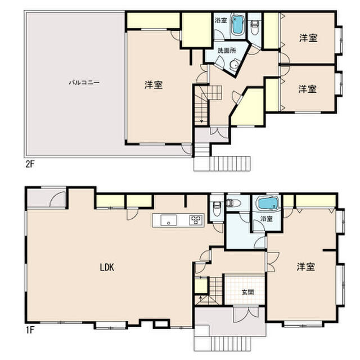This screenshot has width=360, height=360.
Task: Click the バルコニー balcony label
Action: click(84, 83)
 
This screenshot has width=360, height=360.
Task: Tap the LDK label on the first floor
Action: click(107, 267)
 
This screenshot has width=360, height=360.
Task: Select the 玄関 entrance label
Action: click(247, 292)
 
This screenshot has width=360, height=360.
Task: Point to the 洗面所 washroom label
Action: click(227, 51)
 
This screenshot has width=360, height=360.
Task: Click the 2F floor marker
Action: click(30, 164)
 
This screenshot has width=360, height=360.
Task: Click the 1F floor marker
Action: click(30, 330)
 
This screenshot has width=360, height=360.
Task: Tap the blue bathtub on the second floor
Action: click(237, 25)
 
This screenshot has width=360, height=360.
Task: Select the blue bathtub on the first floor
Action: click(268, 204)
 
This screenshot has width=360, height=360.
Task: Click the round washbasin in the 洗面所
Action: click(235, 65)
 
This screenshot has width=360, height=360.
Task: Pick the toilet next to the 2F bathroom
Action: click(254, 28)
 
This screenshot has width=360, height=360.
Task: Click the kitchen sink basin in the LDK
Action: click(169, 220)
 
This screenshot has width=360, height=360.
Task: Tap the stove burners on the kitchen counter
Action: click(196, 220)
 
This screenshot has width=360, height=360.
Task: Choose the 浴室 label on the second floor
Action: click(221, 21)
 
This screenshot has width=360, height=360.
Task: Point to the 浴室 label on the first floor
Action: click(267, 219)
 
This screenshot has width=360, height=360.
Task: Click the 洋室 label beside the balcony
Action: click(154, 85)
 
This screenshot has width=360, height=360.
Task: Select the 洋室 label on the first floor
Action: click(306, 267)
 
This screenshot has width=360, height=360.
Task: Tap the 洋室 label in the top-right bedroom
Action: click(308, 38)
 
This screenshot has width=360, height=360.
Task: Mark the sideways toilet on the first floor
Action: click(233, 202)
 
